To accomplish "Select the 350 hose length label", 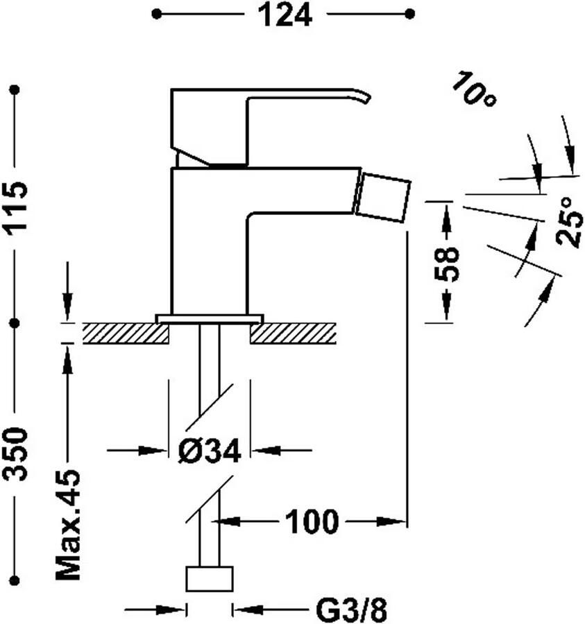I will (x=16, y=453).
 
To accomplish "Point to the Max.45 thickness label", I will (x=68, y=525).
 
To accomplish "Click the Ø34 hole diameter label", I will (x=209, y=451).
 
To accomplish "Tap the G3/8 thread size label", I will (x=350, y=611).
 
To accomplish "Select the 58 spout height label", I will (x=448, y=263).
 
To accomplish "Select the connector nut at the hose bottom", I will (x=209, y=579).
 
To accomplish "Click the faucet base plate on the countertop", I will (x=209, y=319).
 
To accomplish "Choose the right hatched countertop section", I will (x=293, y=333).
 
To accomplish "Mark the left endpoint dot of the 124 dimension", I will (x=157, y=14).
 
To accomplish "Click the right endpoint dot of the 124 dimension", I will (x=409, y=14).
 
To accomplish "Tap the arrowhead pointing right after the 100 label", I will (x=396, y=521).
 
